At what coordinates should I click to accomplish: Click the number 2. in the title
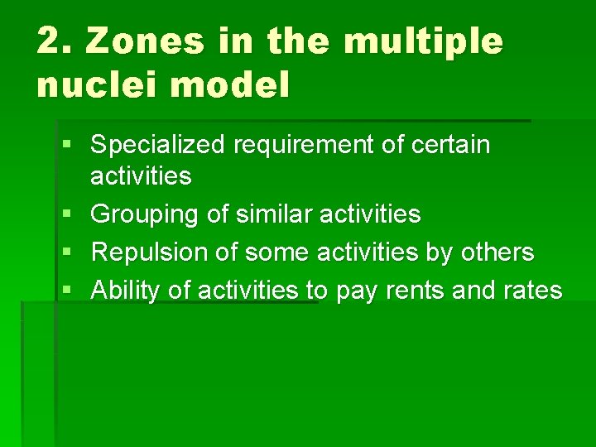(54, 41)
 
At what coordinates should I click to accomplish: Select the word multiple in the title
(423, 41)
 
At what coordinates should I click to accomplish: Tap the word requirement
(301, 146)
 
